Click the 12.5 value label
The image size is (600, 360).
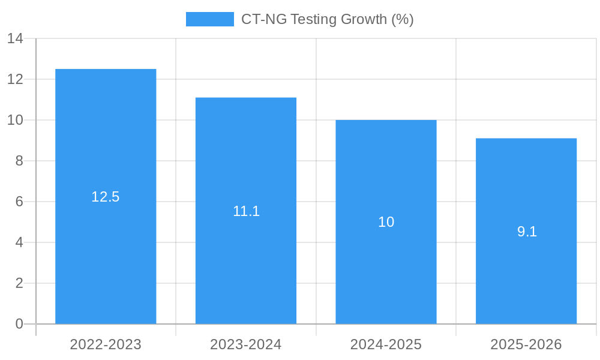click(106, 197)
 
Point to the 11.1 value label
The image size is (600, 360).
click(246, 211)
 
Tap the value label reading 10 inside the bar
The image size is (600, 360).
click(386, 222)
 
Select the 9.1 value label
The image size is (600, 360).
click(526, 232)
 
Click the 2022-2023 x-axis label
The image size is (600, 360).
click(106, 344)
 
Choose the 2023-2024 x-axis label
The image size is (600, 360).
click(246, 344)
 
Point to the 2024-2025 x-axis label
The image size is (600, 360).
click(386, 344)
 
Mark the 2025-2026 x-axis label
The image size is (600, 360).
click(526, 344)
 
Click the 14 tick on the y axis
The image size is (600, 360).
click(15, 39)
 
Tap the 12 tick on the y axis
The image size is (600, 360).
click(15, 79)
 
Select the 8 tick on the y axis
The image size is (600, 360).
click(19, 161)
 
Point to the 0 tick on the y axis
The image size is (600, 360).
click(19, 324)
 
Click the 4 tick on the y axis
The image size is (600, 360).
click(19, 242)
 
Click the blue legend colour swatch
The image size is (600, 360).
click(209, 19)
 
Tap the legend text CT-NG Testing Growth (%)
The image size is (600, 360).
click(327, 19)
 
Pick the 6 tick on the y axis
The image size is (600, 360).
click(19, 202)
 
